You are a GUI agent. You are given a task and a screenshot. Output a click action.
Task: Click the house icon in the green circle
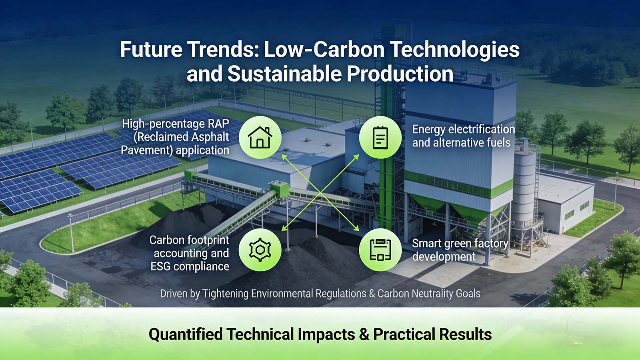[260, 137]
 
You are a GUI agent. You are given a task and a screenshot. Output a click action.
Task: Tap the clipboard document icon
[380, 137]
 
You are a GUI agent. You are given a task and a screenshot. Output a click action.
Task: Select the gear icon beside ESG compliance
[260, 250]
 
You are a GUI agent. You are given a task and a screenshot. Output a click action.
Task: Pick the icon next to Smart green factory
[380, 250]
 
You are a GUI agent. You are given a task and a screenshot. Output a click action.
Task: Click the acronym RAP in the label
[218, 124]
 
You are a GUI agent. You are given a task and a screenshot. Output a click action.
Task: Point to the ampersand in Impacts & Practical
[364, 334]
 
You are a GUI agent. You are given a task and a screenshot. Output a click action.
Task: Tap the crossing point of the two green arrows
[320, 193]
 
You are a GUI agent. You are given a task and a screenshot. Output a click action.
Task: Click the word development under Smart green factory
[444, 257]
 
